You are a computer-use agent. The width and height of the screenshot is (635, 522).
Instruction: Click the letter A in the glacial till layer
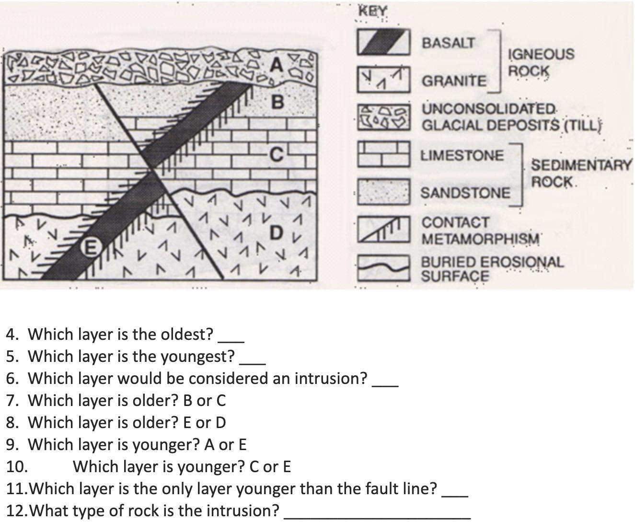[277, 65]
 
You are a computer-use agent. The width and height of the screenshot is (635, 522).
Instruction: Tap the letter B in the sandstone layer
[277, 102]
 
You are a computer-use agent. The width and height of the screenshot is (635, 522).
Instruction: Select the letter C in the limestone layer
[277, 154]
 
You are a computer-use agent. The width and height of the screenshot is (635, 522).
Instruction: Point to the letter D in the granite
[277, 232]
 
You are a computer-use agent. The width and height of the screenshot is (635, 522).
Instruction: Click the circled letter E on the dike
[91, 248]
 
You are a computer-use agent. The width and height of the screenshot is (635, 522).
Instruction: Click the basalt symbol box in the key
[383, 42]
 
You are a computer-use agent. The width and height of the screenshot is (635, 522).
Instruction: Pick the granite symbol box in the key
[383, 80]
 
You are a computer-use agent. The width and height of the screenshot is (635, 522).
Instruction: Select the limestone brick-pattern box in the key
[383, 154]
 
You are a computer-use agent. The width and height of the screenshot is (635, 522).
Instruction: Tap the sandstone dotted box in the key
[383, 192]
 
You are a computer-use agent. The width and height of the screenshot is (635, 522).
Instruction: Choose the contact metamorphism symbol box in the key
[383, 229]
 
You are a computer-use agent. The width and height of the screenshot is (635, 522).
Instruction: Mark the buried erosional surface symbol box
[383, 268]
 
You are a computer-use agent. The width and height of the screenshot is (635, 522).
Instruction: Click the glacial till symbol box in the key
[383, 117]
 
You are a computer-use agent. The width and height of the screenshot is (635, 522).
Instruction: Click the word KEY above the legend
[373, 11]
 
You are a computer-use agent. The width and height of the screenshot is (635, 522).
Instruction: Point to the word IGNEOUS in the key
[542, 54]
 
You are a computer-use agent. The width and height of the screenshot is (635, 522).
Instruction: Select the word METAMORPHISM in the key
[481, 239]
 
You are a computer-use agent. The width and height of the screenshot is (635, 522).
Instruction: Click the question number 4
[12, 335]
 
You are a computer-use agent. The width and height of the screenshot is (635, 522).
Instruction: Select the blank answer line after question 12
[378, 518]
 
